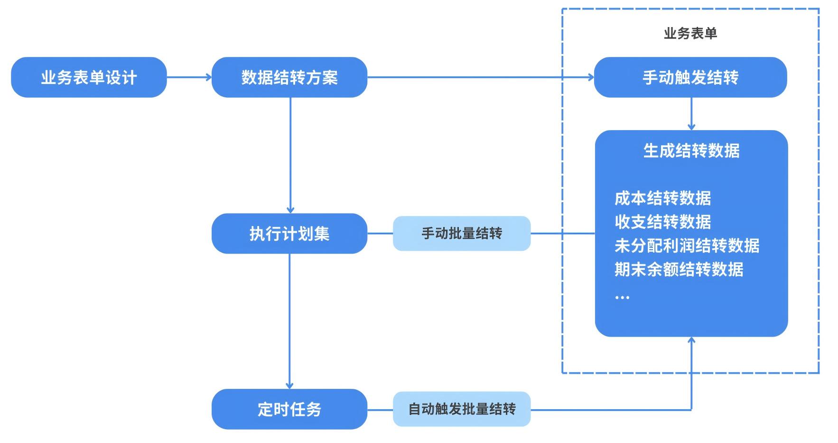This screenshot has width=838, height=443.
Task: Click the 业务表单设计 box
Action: coord(89,77)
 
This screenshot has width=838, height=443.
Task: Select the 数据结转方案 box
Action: coord(289,77)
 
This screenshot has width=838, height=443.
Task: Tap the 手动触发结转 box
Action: coord(690,77)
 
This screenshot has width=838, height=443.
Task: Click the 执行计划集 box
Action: coord(289,234)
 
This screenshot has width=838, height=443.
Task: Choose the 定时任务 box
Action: coord(289,409)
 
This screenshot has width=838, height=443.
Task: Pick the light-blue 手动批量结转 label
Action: coord(461,234)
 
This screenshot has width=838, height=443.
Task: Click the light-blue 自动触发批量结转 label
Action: coord(461,409)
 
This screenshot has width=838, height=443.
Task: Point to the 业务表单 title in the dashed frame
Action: coord(690,33)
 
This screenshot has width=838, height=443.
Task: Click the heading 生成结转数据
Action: coord(691,151)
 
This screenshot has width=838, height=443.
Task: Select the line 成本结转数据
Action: coord(662,198)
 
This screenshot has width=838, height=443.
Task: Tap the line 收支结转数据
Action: coord(662,222)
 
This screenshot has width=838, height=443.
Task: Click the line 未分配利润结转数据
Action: coord(687,245)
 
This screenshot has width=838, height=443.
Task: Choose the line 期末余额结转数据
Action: coord(679,269)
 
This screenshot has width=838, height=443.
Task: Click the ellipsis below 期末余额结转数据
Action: coord(622,297)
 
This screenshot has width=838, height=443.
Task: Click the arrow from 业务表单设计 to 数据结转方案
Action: coord(189,77)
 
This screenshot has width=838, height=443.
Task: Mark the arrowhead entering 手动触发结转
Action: coord(591,77)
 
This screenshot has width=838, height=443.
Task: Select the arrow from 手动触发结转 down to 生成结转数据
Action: coord(691,114)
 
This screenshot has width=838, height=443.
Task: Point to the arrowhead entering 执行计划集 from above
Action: coord(290,210)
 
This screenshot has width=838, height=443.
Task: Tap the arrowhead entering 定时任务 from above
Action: coord(289,386)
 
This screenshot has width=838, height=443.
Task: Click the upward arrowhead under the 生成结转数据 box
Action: coord(691,340)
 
